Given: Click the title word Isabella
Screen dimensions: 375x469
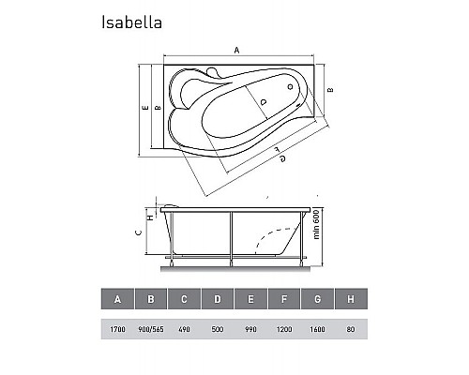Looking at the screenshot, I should tap(131, 22).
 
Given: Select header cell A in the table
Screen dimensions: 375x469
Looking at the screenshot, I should tap(117, 299).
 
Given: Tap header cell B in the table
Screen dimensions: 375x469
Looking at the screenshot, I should tap(151, 299).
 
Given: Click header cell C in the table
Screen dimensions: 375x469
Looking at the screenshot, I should tap(184, 299).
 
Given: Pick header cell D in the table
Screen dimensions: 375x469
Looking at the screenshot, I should tap(218, 299).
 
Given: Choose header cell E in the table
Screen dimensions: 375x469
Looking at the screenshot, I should tap(250, 299).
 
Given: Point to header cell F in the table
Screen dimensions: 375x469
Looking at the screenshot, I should tap(284, 299).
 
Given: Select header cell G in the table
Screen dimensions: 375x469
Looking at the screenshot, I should tap(318, 299).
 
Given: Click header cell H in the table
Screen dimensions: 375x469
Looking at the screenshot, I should tap(351, 299).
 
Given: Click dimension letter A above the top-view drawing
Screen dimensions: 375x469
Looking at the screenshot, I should tap(236, 49).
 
